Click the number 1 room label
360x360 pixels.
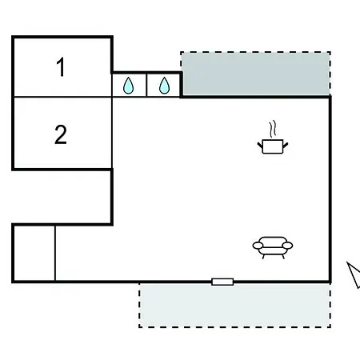[x=61, y=66]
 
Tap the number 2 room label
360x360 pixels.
[x=61, y=134]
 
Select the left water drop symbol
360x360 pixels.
[x=128, y=86]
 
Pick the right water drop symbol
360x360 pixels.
[x=164, y=86]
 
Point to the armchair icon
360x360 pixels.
[x=273, y=247]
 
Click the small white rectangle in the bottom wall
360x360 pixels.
[x=222, y=282]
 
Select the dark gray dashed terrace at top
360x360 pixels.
[x=256, y=74]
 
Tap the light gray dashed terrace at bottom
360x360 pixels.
[x=234, y=306]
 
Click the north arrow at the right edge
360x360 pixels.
[x=354, y=274]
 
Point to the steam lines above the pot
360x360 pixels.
[x=272, y=129]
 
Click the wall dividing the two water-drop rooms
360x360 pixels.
[x=146, y=85]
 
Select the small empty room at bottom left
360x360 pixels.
[x=34, y=254]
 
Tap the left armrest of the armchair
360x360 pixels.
[x=258, y=246]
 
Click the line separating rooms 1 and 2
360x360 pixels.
[x=62, y=97]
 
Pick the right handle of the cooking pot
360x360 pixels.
[x=286, y=146]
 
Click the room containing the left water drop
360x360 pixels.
[x=129, y=85]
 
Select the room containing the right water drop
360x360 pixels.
[x=163, y=85]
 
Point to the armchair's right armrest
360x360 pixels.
[x=287, y=246]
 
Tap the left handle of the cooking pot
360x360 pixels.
[x=260, y=146]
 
